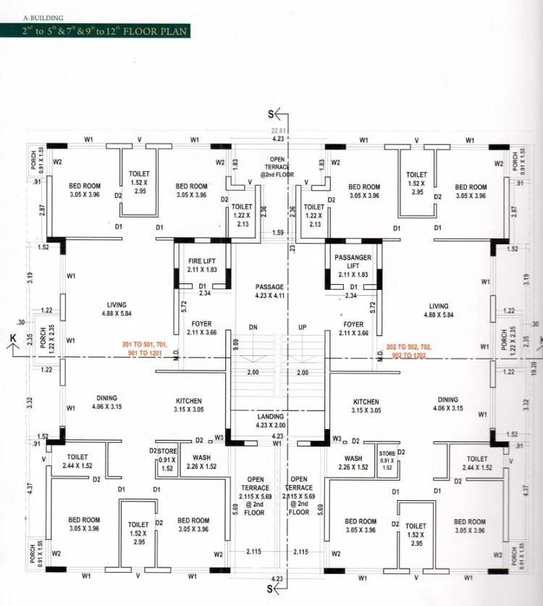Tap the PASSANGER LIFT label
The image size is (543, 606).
(353, 262)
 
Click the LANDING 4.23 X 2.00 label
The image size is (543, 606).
(271, 421)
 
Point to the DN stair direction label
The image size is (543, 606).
(253, 328)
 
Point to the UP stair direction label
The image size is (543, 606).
(302, 328)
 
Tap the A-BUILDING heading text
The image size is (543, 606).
(43, 17)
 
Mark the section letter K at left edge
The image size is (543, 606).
(12, 339)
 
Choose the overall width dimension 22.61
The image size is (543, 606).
(277, 131)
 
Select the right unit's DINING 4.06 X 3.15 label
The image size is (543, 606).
(447, 404)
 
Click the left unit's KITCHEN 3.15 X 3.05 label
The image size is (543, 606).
(188, 405)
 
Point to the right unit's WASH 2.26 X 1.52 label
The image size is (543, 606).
(353, 462)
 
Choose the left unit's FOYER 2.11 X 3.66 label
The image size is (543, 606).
(201, 328)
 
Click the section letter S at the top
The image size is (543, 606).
(271, 114)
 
